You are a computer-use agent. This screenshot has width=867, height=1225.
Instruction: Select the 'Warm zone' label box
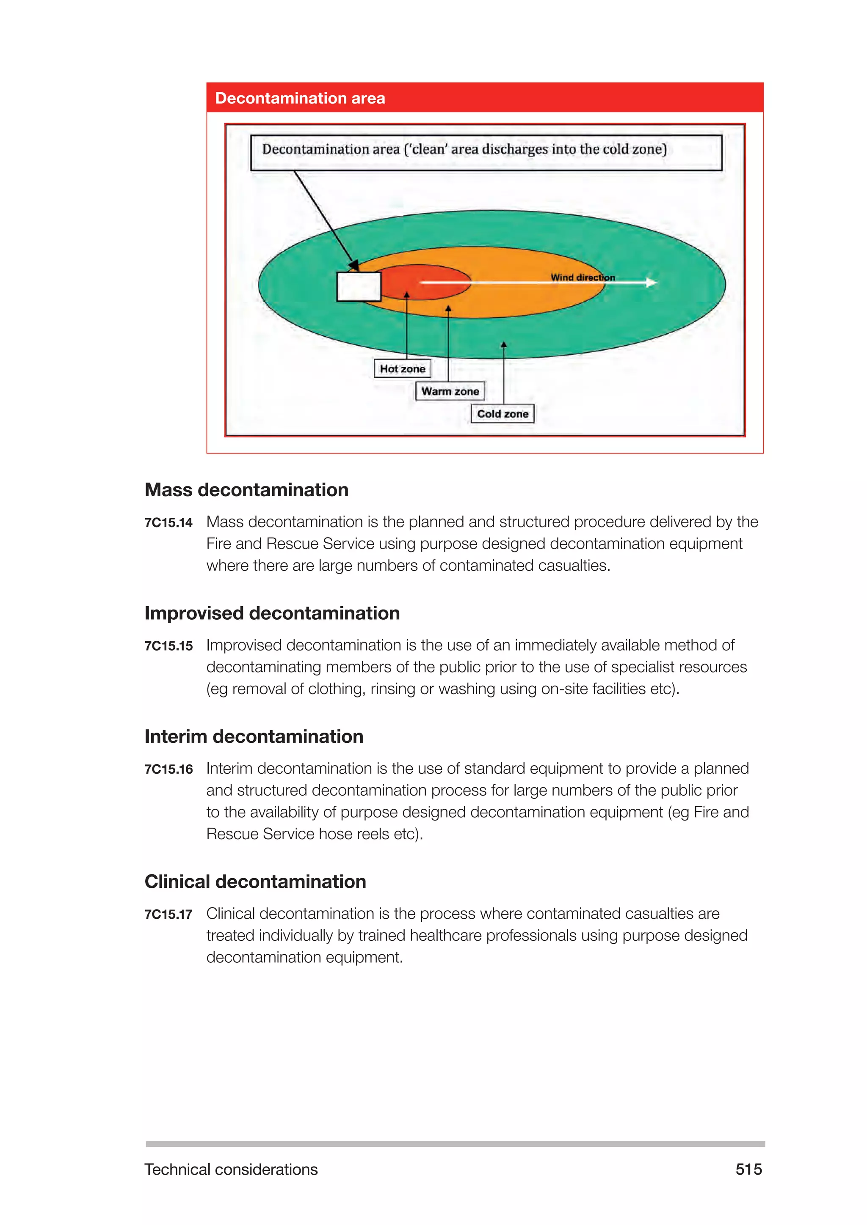[450, 391]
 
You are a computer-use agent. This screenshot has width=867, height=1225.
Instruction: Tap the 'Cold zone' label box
[503, 414]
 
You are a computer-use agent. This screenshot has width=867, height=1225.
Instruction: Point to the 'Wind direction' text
[583, 277]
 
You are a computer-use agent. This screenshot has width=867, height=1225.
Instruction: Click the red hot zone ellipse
[427, 282]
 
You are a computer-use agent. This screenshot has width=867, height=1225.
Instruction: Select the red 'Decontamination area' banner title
[300, 98]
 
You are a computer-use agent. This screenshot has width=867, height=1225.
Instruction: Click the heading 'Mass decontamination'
[247, 490]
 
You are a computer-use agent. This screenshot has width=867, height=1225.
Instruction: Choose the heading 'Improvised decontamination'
[272, 613]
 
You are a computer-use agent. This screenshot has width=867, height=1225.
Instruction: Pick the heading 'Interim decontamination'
[254, 736]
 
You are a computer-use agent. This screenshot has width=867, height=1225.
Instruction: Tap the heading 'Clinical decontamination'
[256, 882]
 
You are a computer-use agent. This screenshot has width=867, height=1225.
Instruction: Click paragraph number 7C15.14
[168, 522]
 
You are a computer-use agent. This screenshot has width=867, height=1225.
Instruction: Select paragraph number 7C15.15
[168, 645]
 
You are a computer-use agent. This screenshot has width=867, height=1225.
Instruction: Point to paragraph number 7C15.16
[168, 769]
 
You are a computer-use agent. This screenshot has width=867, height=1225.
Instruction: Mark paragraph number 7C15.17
[168, 914]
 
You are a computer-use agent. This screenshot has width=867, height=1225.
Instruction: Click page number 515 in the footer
[748, 1169]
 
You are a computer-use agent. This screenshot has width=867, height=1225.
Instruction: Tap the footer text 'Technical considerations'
[231, 1169]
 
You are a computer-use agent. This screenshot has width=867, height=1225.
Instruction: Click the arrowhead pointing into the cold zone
[503, 345]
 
